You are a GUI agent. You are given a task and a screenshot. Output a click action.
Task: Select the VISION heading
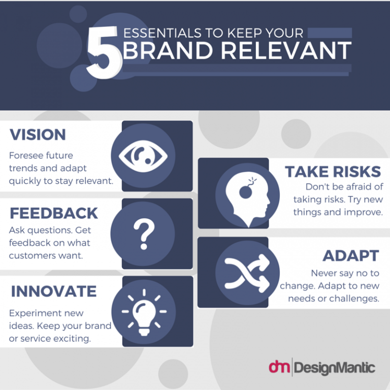pyautogui.click(x=38, y=135)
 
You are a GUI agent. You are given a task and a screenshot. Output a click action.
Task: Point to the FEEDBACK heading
pyautogui.click(x=53, y=212)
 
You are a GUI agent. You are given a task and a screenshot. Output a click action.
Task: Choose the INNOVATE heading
pyautogui.click(x=54, y=291)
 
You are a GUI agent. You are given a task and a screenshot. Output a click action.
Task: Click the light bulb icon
pyautogui.click(x=143, y=311)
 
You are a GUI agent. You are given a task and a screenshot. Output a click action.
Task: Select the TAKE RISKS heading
pyautogui.click(x=333, y=172)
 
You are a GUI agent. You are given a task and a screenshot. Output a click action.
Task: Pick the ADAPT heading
pyautogui.click(x=351, y=255)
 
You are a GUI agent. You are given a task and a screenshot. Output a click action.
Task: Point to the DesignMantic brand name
pyautogui.click(x=335, y=367)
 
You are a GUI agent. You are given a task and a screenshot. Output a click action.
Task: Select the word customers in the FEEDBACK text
pyautogui.click(x=31, y=255)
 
